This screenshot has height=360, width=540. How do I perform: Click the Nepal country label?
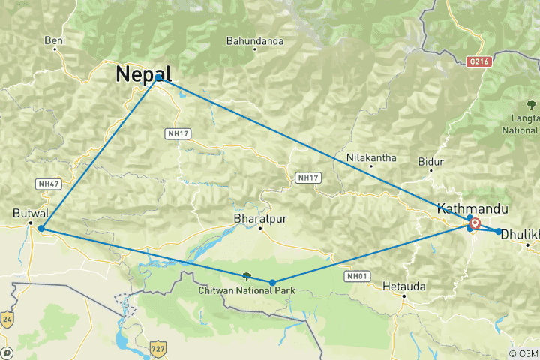click(x=143, y=73)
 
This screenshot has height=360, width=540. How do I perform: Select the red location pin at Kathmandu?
click(x=475, y=222)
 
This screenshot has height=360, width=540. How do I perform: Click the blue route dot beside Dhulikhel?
click(x=499, y=231)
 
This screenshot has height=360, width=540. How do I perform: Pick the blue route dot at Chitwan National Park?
click(x=272, y=283)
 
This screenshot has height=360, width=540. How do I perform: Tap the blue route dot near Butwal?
click(x=41, y=228)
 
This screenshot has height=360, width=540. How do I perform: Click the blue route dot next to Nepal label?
click(x=159, y=78)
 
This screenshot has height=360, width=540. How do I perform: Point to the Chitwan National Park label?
click(x=238, y=290)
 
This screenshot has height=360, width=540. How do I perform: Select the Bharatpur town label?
click(x=260, y=218)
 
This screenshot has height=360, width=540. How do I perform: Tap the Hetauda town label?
click(x=403, y=286)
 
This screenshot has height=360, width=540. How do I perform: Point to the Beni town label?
click(x=55, y=40)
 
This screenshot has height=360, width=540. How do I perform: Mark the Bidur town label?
click(x=431, y=161)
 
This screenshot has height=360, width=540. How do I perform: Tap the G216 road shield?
click(x=477, y=61)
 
